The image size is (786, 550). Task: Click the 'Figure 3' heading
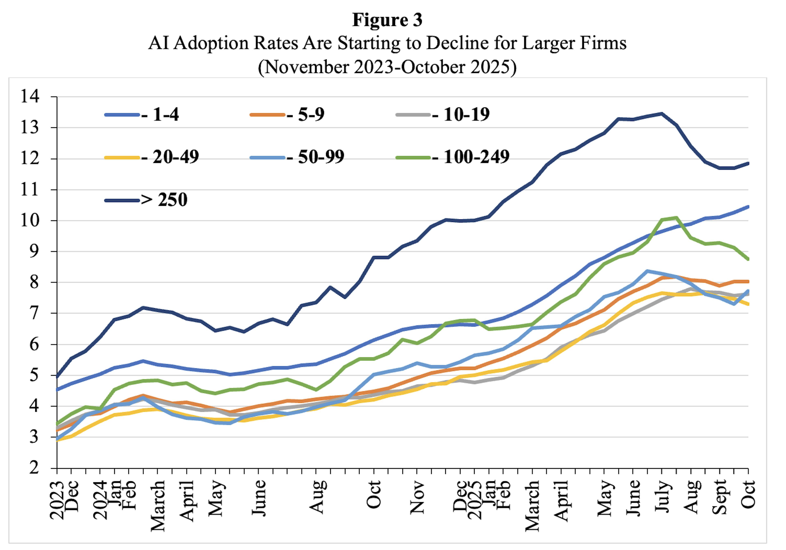coord(387,20)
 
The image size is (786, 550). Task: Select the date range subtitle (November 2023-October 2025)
coord(387,67)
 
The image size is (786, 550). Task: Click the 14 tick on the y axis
coord(30,97)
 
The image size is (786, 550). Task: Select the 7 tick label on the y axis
coord(34,313)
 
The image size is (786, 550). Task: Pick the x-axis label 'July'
coord(662,496)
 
